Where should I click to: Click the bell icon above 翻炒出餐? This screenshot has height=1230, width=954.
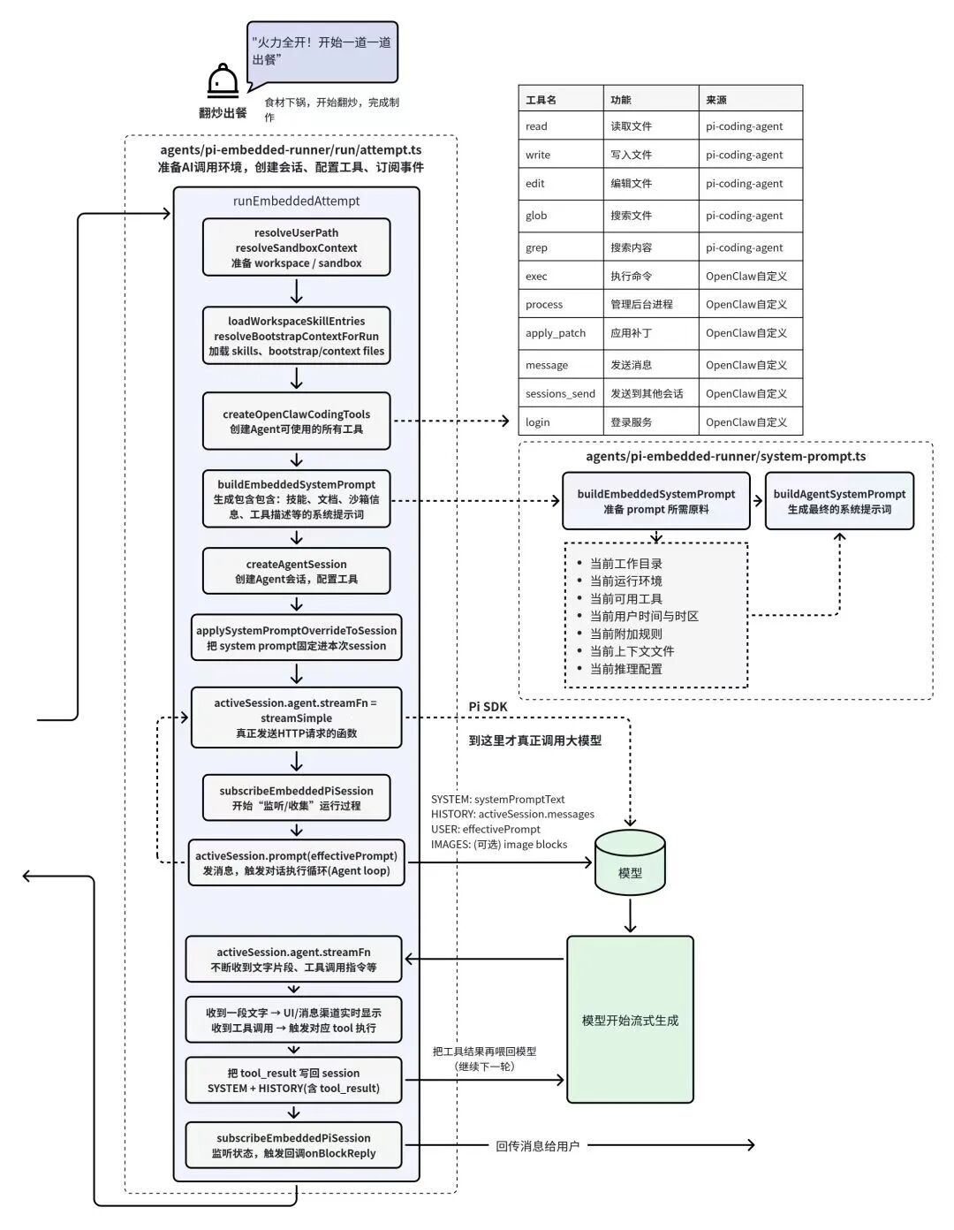(x=223, y=80)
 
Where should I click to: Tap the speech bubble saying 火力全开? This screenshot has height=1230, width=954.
(x=322, y=54)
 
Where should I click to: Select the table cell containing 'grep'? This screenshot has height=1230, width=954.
(x=561, y=247)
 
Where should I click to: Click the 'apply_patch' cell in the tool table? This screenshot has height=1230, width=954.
(x=561, y=333)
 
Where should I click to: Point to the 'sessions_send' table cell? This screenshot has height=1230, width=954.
(x=561, y=393)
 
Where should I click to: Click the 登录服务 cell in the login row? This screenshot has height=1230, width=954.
(x=651, y=421)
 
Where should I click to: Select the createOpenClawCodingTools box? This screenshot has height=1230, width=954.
(x=296, y=421)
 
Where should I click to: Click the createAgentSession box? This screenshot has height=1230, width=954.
(x=296, y=571)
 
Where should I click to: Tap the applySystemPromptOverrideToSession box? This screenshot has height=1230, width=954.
(x=296, y=637)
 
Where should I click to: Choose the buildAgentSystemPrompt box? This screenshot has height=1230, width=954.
(x=839, y=501)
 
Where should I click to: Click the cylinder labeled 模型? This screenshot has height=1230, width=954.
(x=630, y=862)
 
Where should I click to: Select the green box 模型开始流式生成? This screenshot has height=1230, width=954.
(x=630, y=1020)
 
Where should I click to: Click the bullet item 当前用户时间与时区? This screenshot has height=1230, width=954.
(x=644, y=616)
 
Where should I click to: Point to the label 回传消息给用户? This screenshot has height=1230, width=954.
(x=538, y=1146)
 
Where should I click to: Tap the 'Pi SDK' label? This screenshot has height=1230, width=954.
(x=488, y=707)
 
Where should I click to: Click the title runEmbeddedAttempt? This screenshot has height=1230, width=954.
(x=296, y=201)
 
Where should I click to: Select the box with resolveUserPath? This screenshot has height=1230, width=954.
(x=296, y=247)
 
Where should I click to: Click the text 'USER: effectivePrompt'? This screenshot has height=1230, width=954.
(x=486, y=829)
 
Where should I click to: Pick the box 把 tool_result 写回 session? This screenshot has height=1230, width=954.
(x=293, y=1080)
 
